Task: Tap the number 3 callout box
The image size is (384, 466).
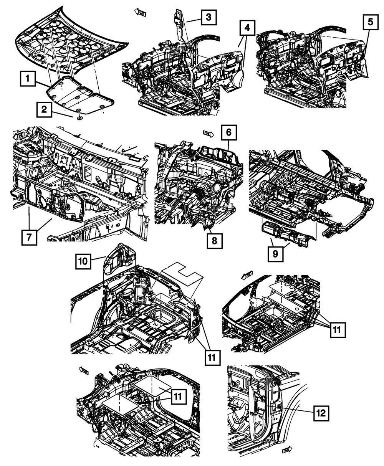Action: tap(208, 17)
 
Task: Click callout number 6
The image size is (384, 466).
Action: tap(228, 133)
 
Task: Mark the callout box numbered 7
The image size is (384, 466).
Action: tap(29, 237)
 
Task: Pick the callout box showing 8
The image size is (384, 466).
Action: tap(214, 241)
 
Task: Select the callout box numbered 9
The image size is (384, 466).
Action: tap(276, 253)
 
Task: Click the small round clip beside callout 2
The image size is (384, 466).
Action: tap(79, 117)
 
